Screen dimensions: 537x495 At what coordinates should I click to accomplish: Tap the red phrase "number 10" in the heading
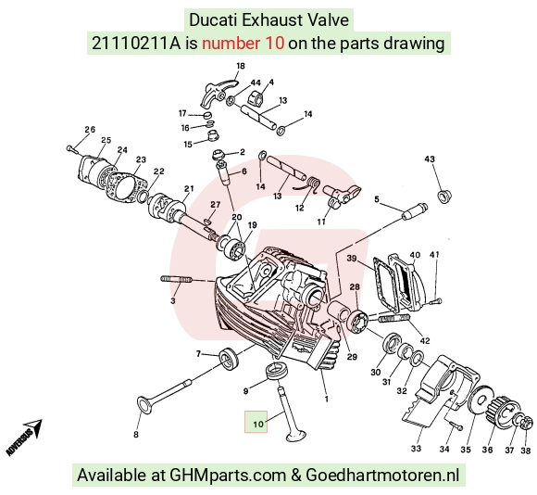coord(243,44)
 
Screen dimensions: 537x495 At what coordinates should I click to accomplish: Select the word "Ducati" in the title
coord(213,19)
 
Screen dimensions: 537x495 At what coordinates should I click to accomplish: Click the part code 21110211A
coord(135,44)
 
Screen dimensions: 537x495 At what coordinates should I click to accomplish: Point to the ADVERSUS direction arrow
coord(24,437)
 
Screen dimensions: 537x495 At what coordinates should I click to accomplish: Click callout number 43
coord(430,159)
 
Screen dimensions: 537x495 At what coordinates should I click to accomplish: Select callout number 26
coord(90,130)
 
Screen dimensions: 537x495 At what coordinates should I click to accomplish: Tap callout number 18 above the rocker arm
coord(241,66)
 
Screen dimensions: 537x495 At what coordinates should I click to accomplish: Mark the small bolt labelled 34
coord(456,425)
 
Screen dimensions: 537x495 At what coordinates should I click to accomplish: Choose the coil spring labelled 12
coord(310,184)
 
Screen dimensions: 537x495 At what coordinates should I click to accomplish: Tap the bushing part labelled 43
coord(444,196)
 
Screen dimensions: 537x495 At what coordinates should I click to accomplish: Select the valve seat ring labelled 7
coord(229,358)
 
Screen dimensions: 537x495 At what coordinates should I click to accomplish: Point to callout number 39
coord(352,258)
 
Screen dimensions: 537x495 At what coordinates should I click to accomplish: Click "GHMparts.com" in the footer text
coord(228,476)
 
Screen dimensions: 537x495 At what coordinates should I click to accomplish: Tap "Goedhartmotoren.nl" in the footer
coord(382,476)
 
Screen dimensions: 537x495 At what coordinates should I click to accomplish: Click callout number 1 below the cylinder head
coord(327,399)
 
